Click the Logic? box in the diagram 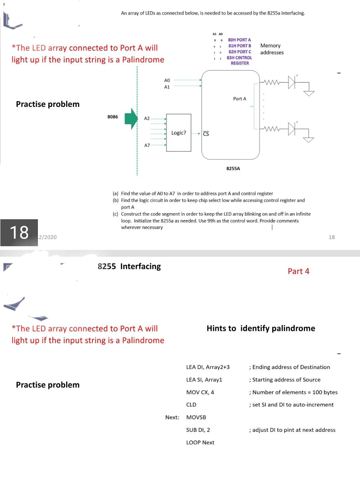coord(179,132)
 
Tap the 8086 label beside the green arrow coord(112,117)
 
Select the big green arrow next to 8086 coord(130,118)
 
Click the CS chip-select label coord(206,134)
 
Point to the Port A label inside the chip coord(239,99)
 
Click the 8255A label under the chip coord(233,168)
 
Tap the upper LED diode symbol coord(291,82)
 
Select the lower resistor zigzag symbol coord(272,129)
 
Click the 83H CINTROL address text coord(239,58)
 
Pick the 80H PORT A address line coord(239,40)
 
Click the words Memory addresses coord(272,49)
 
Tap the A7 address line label coord(147,145)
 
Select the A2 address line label coord(147,118)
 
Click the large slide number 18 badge coord(19,233)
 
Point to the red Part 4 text coord(298,271)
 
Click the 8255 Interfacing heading coord(129,266)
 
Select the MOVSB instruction coord(196,417)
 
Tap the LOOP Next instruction coord(200,442)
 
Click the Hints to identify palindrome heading coord(261,328)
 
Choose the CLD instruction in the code coord(191,404)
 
